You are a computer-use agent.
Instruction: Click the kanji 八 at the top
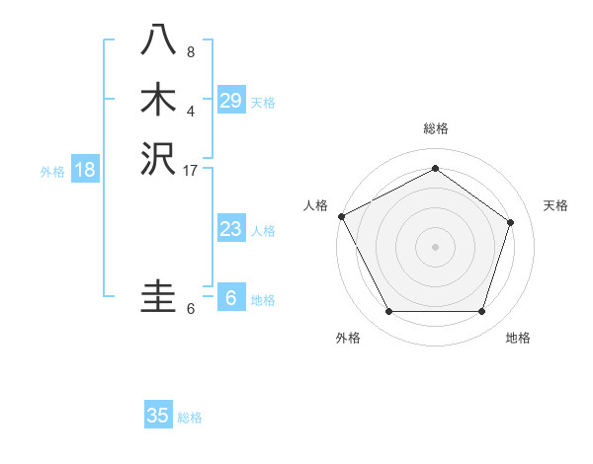point(159,39)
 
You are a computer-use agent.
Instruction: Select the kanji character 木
point(159,100)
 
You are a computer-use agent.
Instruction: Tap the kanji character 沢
point(159,159)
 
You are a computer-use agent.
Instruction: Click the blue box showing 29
point(231,100)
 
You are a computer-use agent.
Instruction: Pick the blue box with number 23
point(231,229)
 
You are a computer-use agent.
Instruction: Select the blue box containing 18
point(85,169)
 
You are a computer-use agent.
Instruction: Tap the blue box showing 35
point(158,416)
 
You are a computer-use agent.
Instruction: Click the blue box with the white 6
point(231,298)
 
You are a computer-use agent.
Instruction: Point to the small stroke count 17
point(191,171)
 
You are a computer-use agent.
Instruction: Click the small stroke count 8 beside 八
point(191,51)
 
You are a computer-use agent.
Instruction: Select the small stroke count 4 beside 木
point(191,112)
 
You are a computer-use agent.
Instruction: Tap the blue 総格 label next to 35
point(190,418)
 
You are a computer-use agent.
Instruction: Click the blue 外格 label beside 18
point(52,171)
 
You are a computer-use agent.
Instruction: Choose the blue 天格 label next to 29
point(263,103)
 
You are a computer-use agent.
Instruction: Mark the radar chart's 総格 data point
point(435,169)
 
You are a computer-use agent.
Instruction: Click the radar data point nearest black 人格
point(341,216)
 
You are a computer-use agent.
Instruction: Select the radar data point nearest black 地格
point(481,311)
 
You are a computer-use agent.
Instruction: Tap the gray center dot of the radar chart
point(435,247)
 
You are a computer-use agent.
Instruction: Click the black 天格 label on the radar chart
point(555,205)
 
